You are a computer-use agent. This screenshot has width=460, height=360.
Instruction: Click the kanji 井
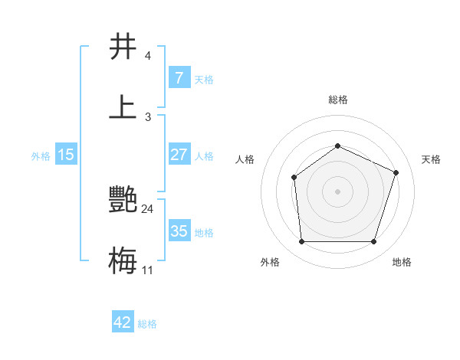click(x=123, y=47)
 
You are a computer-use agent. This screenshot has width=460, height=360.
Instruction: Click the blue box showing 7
click(x=179, y=78)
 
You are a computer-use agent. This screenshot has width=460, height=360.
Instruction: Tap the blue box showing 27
click(x=179, y=155)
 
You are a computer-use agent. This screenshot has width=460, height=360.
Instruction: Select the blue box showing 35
click(x=179, y=231)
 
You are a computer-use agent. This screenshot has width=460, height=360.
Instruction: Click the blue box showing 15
click(x=66, y=155)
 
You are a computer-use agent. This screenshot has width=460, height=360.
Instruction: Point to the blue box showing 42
click(x=123, y=322)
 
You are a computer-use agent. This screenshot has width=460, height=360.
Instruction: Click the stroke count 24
click(x=148, y=209)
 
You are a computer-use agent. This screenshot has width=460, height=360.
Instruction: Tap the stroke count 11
click(x=148, y=270)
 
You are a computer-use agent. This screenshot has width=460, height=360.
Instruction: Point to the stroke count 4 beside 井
click(x=147, y=56)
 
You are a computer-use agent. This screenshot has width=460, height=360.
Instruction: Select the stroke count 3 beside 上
click(x=147, y=117)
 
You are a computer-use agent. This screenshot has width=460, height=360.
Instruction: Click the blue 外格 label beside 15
click(x=41, y=155)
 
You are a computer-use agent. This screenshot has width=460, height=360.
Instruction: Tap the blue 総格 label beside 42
click(x=147, y=324)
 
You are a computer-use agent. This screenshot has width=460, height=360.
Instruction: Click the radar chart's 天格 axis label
click(x=432, y=159)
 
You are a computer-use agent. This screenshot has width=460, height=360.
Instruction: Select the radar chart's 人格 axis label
click(x=245, y=159)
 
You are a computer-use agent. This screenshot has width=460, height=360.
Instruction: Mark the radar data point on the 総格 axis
click(x=337, y=146)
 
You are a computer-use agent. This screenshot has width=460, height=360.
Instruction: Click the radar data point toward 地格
click(x=373, y=241)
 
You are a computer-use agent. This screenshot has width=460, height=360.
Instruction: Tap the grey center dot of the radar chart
click(x=337, y=191)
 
